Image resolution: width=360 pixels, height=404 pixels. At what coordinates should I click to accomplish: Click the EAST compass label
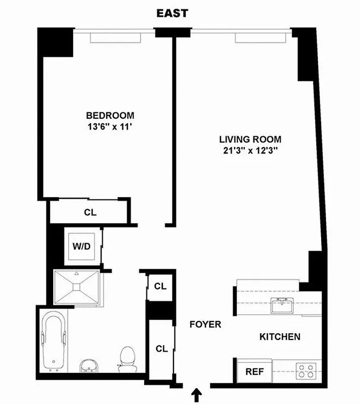(172, 13)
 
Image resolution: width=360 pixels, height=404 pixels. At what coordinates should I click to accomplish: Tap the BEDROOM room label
(110, 115)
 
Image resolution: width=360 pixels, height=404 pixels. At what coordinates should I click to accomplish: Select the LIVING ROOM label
(250, 139)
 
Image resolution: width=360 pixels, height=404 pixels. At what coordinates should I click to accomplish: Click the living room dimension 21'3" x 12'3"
(250, 150)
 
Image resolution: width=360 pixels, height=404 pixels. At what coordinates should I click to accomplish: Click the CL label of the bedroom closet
(90, 213)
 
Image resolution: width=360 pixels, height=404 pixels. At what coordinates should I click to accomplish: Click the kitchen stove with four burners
(306, 371)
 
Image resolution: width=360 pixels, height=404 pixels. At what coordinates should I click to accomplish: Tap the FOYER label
(205, 324)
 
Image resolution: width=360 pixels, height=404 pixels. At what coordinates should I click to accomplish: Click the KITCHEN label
(280, 337)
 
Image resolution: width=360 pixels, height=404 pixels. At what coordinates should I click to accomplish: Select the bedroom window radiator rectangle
(115, 38)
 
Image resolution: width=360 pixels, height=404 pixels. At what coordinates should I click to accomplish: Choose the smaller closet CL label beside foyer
(160, 286)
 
